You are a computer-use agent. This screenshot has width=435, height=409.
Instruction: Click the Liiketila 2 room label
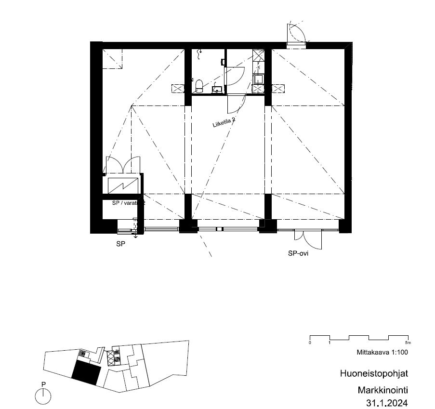tap(224, 122)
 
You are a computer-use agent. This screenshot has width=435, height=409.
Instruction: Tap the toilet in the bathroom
tap(199, 86)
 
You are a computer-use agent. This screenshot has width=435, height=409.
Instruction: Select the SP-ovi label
tap(298, 253)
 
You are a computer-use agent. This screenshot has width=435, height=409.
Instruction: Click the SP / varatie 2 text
tap(129, 203)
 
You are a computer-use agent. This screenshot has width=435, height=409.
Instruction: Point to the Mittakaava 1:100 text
tap(382, 352)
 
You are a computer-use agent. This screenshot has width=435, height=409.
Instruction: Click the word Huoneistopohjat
tap(374, 373)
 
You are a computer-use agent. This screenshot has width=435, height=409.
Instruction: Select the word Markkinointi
tap(383, 390)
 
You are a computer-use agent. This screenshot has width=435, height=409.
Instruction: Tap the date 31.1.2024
tap(387, 403)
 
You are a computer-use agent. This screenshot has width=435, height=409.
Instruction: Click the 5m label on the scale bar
tap(408, 343)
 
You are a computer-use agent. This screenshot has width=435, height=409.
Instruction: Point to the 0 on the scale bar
tap(310, 343)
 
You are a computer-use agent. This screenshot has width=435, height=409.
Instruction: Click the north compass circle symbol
tap(43, 396)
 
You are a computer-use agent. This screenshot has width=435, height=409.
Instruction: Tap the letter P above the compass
tap(43, 384)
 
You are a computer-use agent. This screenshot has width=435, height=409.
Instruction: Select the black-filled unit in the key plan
tap(86, 372)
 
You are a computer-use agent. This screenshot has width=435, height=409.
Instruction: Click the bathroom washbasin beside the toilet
tap(217, 89)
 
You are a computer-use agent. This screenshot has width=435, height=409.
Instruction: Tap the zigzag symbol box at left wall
tap(123, 185)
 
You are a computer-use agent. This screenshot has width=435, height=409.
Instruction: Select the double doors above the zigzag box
tap(123, 165)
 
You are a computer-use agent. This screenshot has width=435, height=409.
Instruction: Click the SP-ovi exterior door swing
tap(308, 240)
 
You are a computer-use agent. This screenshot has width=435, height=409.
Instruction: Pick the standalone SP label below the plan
tap(121, 244)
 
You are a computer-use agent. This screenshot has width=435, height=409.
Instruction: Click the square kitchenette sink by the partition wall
tap(258, 80)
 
